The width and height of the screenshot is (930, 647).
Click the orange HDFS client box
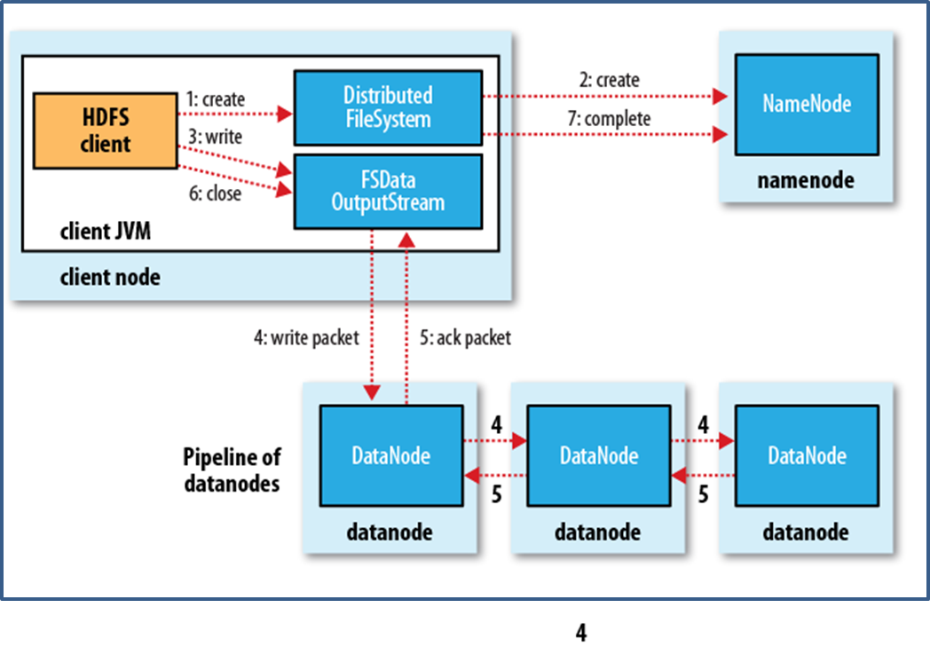tap(105, 130)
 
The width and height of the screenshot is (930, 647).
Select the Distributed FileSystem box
tap(388, 107)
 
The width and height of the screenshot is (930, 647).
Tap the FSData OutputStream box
tap(388, 191)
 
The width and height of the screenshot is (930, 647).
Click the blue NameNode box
tap(807, 103)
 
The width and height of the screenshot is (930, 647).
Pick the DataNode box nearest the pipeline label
tap(390, 456)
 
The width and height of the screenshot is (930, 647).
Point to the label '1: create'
tap(216, 99)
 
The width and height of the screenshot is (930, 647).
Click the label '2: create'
tap(609, 80)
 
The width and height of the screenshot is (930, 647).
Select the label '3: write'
tap(214, 138)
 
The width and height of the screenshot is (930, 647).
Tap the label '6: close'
tap(213, 193)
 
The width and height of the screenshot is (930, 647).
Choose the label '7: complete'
tap(609, 118)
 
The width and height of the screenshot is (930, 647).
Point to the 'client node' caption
tap(110, 277)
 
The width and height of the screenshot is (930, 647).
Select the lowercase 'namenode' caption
tap(806, 180)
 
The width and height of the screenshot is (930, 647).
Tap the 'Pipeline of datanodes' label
tap(231, 470)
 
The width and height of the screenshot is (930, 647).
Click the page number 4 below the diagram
tap(581, 633)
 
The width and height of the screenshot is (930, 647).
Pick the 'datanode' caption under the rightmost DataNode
tap(805, 533)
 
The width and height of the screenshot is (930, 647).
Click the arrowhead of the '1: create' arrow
tap(285, 114)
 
